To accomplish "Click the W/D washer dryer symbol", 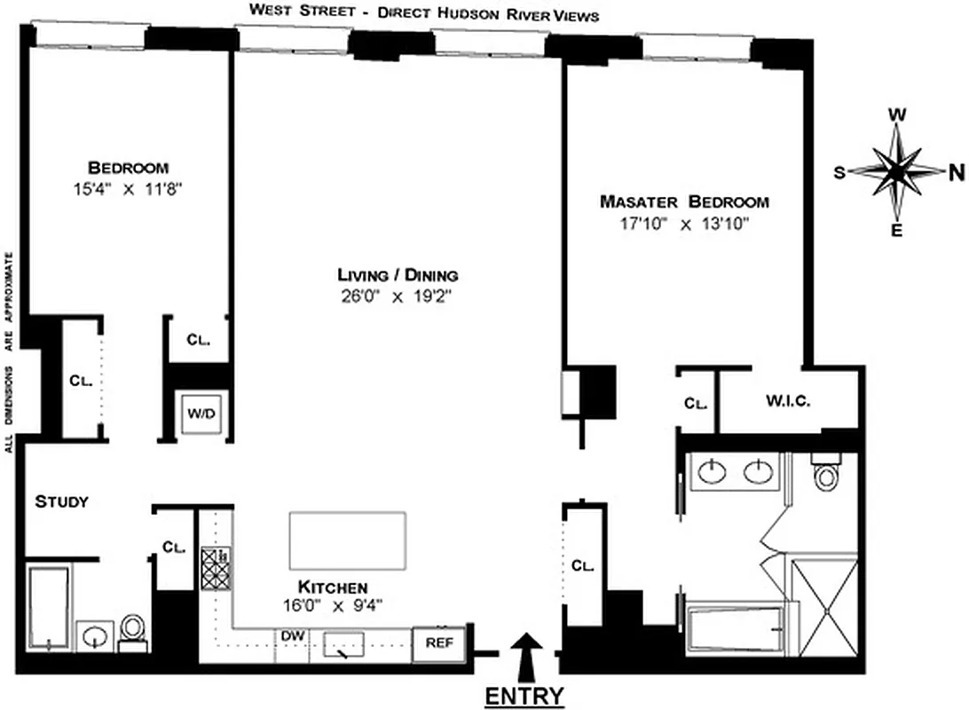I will pyautogui.click(x=196, y=414).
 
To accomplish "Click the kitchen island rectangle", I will pyautogui.click(x=348, y=540).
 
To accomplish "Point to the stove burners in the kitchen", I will pyautogui.click(x=215, y=568).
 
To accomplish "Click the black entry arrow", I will pyautogui.click(x=527, y=654).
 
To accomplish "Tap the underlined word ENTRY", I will pyautogui.click(x=524, y=696).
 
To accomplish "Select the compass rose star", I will pyautogui.click(x=897, y=170).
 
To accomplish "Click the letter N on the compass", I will pyautogui.click(x=957, y=173).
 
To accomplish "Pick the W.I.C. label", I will pyautogui.click(x=787, y=401).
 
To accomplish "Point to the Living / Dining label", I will pyautogui.click(x=398, y=275).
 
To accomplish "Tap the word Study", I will pyautogui.click(x=61, y=502).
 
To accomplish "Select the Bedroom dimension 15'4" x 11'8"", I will pyautogui.click(x=128, y=188).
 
